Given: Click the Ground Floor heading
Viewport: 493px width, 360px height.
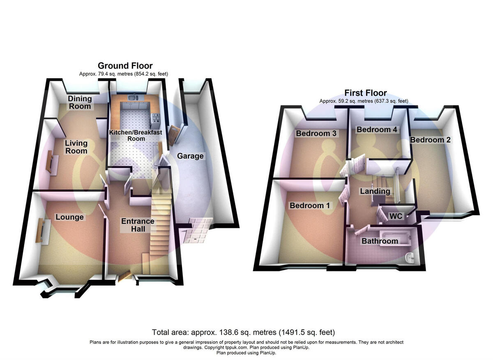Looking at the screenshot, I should tap(125, 66).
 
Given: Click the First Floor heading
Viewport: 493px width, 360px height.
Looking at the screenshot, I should tap(365, 93).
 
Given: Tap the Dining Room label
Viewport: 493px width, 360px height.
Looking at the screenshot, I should tap(80, 102).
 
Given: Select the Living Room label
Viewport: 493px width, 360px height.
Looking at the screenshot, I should tap(76, 147).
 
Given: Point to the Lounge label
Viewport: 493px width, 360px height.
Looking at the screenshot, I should tap(70, 217).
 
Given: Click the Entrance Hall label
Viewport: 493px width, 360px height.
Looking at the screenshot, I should tap(138, 225).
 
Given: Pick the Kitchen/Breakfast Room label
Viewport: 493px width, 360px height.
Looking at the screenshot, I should tap(136, 135).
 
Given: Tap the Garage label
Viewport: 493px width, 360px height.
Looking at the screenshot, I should tap(190, 156).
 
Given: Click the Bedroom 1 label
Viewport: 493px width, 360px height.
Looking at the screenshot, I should tap(310, 206).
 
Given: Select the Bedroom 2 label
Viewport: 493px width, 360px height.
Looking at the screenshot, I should tap(430, 140).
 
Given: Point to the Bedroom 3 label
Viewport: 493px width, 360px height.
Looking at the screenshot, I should tap(316, 133).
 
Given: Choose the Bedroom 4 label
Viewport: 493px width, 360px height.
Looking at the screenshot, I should tap(377, 130).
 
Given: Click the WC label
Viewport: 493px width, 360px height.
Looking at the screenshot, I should tap(396, 216).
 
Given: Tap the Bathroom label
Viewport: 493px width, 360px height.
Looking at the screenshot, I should tap(380, 241).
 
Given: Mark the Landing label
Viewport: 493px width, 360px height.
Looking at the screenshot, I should tap(375, 191).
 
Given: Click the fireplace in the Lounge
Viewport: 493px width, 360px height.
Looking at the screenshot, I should tap(42, 231).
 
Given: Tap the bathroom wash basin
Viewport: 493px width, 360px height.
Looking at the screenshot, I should tap(410, 257).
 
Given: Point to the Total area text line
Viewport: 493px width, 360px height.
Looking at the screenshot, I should tap(244, 332).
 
